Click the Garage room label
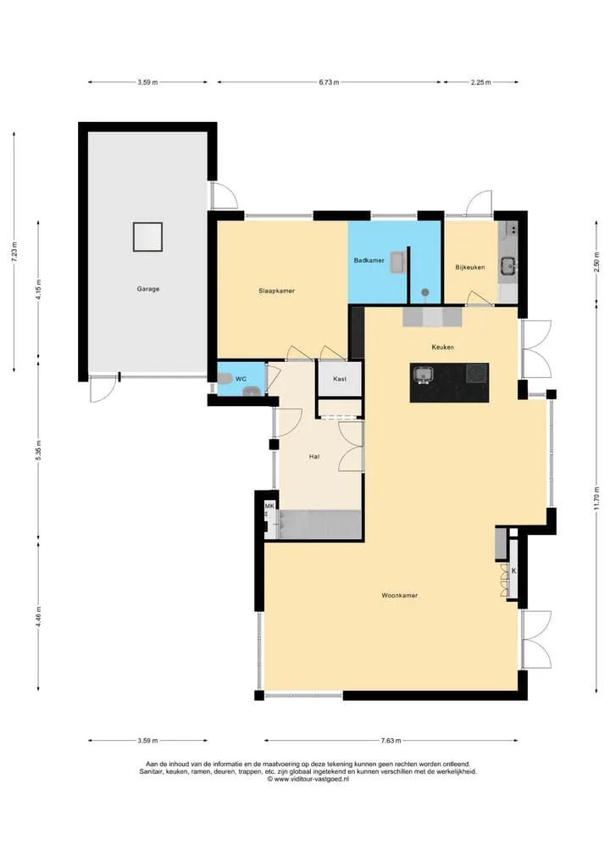click(147, 289)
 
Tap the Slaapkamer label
click(276, 291)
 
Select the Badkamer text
click(369, 260)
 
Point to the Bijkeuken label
click(470, 267)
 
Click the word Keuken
click(443, 347)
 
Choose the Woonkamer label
click(400, 595)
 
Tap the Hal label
click(314, 456)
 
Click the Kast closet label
click(340, 379)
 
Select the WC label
click(241, 379)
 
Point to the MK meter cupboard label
click(269, 506)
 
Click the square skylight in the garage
click(147, 236)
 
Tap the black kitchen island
click(449, 382)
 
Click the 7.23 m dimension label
click(15, 252)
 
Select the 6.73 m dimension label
click(329, 82)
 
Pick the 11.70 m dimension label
click(596, 498)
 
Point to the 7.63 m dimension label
click(391, 741)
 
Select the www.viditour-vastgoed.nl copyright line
click(308, 778)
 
